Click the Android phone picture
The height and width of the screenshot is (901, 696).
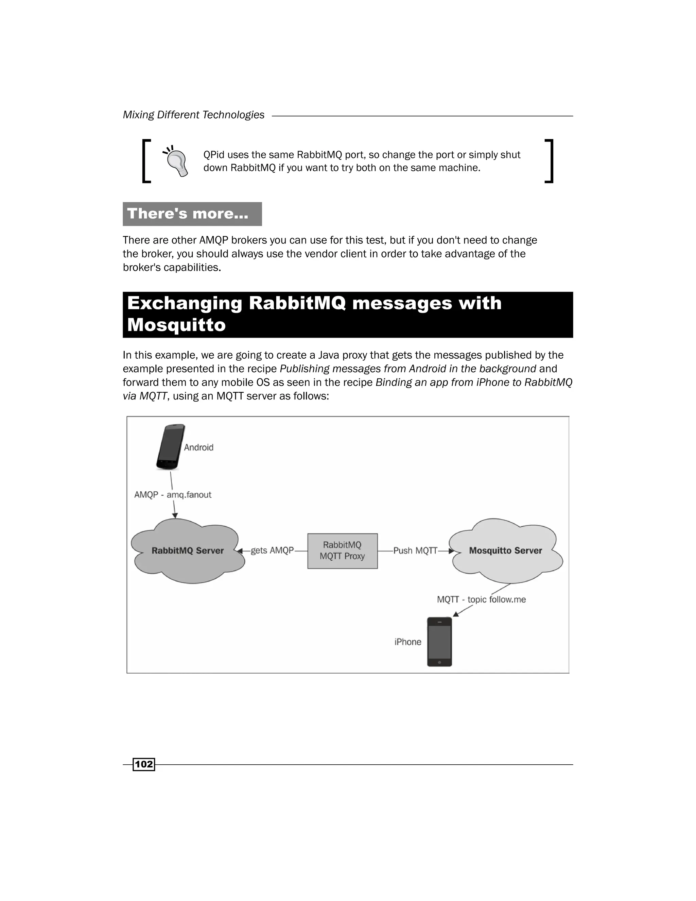171,447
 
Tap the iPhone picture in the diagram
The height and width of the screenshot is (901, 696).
439,642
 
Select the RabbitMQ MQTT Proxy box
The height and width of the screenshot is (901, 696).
342,551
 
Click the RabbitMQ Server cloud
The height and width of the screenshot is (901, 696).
188,551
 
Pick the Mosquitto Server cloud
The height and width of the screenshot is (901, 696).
505,551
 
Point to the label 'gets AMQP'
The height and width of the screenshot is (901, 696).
272,550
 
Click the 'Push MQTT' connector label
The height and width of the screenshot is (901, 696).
415,550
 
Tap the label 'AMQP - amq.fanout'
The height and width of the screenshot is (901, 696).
173,495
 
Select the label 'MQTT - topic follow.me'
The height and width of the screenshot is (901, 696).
481,599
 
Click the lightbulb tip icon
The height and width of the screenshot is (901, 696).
176,161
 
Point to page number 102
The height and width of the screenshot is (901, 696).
143,764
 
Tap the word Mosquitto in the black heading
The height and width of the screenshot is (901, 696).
176,325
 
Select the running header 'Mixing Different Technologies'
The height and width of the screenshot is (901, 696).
193,115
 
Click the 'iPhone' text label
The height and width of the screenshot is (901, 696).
408,642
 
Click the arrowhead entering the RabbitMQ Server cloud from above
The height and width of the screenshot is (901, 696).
175,515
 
